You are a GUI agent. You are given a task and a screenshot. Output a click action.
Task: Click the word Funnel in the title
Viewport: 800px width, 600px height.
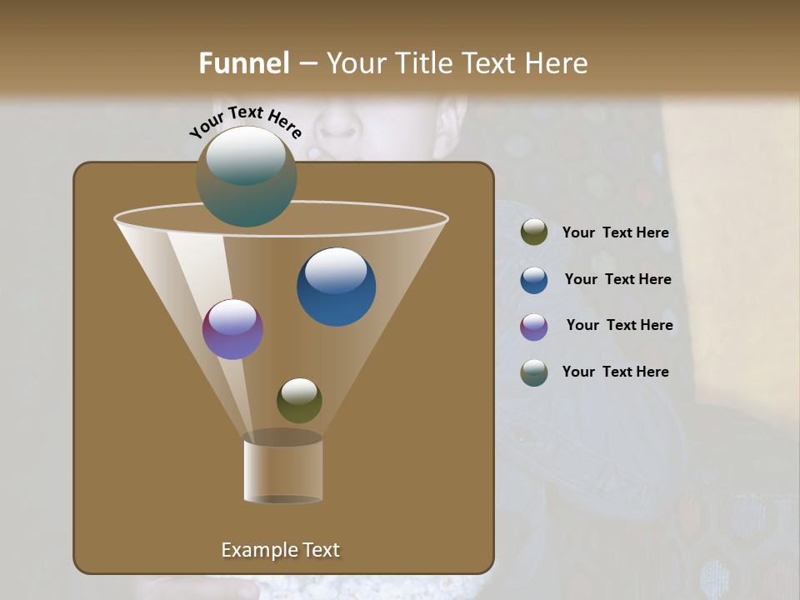click(x=243, y=63)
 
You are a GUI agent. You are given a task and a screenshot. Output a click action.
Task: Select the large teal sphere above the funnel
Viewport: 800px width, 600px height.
click(x=247, y=177)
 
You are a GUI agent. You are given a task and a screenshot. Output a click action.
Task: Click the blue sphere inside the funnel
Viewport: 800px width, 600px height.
click(x=337, y=287)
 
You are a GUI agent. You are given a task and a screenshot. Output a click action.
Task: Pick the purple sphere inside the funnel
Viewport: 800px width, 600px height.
click(x=232, y=329)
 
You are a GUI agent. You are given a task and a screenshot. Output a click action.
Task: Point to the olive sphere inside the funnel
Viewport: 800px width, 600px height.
click(x=299, y=400)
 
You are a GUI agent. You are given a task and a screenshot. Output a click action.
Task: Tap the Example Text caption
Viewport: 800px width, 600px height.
click(x=280, y=550)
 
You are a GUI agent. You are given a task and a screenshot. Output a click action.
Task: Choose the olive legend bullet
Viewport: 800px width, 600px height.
click(x=534, y=232)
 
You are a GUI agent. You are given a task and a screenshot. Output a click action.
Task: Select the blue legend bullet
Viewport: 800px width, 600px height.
click(x=534, y=280)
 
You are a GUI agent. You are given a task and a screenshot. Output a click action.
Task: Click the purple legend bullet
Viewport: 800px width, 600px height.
click(x=534, y=327)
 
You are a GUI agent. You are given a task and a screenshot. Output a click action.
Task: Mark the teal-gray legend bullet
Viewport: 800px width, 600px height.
click(x=534, y=372)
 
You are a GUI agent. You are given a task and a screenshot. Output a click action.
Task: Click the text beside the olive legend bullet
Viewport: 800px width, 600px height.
click(x=615, y=233)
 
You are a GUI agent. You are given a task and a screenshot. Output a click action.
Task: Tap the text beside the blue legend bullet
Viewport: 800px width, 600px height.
click(x=617, y=280)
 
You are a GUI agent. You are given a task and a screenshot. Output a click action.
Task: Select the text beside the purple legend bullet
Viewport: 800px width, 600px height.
click(x=619, y=326)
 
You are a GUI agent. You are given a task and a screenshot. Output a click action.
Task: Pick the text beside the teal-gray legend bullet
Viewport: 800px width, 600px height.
click(x=615, y=372)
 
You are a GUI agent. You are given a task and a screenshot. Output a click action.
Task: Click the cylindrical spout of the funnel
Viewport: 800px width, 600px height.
click(x=283, y=470)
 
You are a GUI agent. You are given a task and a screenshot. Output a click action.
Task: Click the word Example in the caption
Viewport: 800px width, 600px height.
click(x=257, y=550)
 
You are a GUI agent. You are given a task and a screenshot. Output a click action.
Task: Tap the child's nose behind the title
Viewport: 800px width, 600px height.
click(x=337, y=125)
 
